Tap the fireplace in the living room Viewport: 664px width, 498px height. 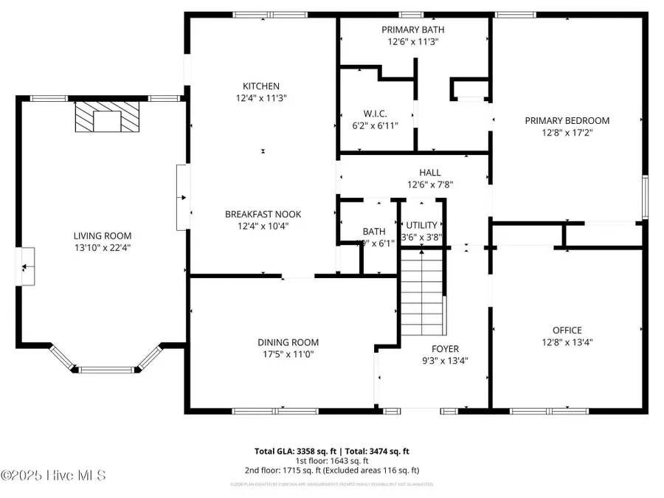coord(108,117)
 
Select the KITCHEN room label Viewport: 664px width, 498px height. coord(262,86)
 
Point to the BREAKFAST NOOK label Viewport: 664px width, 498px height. coord(263,215)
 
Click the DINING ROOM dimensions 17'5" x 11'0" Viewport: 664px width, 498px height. coord(288,354)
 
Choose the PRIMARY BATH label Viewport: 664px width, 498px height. coord(413,30)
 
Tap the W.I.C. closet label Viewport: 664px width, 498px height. coord(376,114)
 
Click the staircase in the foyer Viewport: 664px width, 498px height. coord(423,294)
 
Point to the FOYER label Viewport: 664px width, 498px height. coord(445,349)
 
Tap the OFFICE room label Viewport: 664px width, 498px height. coord(567,330)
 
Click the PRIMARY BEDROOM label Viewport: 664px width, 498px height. coord(567,121)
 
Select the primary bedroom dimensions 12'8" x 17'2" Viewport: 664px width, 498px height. coord(567,133)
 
